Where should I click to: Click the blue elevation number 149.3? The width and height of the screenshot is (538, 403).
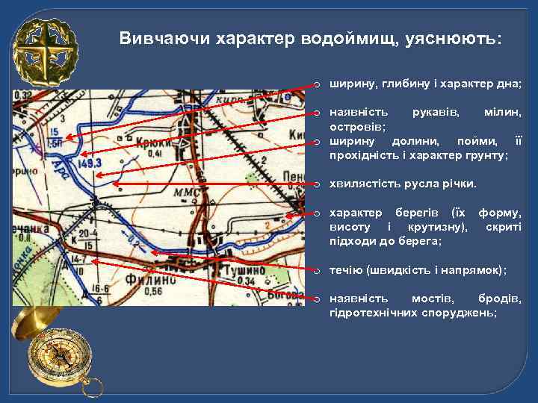click(x=88, y=163)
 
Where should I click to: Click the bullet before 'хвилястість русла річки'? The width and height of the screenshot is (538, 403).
click(x=317, y=184)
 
